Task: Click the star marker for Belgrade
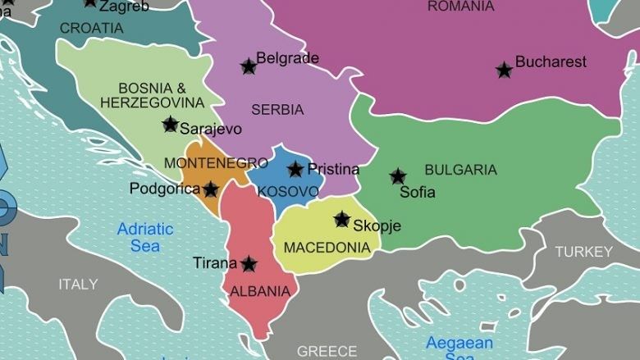(x=248, y=66)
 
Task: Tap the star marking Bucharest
(x=505, y=70)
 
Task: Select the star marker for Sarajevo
(x=170, y=125)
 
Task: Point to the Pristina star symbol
(x=295, y=170)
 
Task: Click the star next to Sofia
(x=398, y=176)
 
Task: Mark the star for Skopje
(x=342, y=220)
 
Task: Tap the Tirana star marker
(x=249, y=264)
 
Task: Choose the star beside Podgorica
(x=211, y=189)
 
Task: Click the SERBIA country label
(x=277, y=110)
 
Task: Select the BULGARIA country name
(x=460, y=170)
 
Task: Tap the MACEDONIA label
(x=327, y=247)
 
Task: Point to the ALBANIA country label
(x=260, y=291)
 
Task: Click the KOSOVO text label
(x=288, y=192)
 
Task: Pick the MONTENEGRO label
(x=216, y=163)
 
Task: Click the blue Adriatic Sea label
(x=145, y=237)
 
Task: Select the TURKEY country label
(x=583, y=252)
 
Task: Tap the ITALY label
(x=78, y=285)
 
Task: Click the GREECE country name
(x=327, y=351)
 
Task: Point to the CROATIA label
(x=91, y=28)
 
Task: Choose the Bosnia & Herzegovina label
(x=152, y=95)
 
